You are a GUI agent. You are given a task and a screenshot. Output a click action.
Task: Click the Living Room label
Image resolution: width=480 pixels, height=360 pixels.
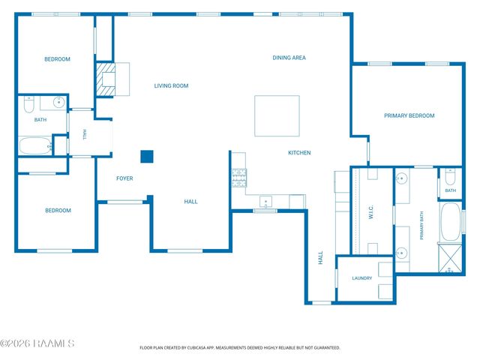(x=171, y=86)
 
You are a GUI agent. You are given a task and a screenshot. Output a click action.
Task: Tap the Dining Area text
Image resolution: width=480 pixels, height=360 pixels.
(x=289, y=58)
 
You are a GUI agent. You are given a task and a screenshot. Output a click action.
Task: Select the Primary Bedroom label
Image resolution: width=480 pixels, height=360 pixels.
(x=409, y=115)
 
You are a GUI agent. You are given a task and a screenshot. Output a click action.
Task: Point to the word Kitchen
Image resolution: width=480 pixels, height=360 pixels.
(x=299, y=153)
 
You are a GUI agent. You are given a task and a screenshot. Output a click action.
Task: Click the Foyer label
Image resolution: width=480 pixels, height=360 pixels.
(x=124, y=178)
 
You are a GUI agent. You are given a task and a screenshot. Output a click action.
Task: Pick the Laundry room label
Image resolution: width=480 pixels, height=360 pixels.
(x=361, y=278)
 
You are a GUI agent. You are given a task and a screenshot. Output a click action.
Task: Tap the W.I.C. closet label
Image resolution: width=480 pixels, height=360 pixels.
(x=371, y=212)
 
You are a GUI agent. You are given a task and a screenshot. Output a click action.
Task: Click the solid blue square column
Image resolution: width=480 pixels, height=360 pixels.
(x=147, y=157)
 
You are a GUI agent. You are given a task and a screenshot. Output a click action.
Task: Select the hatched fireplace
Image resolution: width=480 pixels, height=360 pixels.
(x=106, y=79)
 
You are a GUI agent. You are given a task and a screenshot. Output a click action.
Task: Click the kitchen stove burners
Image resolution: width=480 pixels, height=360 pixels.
(x=239, y=178)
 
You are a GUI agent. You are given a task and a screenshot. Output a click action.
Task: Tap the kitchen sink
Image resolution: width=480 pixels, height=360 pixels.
(x=265, y=202)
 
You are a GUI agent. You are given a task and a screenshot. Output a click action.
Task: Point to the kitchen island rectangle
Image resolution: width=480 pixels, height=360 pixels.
(x=277, y=115)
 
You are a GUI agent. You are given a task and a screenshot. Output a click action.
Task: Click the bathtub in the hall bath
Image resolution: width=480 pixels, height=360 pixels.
(x=35, y=145)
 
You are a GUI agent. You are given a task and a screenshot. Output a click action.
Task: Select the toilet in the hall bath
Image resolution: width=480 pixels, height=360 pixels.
(x=28, y=104)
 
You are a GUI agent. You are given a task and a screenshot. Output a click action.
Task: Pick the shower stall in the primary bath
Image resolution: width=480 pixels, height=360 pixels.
(x=450, y=258)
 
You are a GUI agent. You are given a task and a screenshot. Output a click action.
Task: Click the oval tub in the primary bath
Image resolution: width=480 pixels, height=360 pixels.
(x=450, y=221)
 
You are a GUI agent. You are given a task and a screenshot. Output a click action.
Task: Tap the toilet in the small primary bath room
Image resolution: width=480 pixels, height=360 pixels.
(x=450, y=177)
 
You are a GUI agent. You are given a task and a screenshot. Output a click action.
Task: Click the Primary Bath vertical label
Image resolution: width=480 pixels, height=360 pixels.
(x=421, y=226)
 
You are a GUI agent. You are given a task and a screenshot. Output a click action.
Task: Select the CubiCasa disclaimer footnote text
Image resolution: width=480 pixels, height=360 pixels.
(x=240, y=348)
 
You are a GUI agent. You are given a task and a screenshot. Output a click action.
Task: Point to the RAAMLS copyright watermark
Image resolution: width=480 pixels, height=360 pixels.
(x=37, y=343)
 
